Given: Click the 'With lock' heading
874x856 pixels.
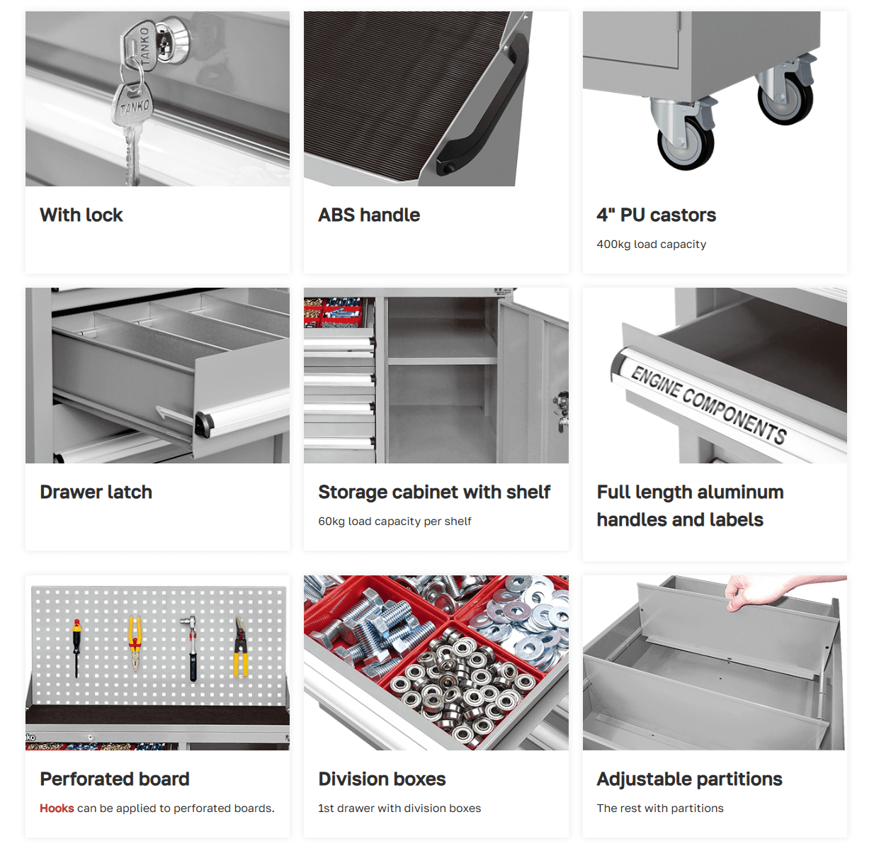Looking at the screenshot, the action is pos(81,215).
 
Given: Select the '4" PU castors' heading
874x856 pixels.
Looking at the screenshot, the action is pos(656,215).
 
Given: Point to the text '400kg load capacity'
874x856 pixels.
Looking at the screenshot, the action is pos(652,244).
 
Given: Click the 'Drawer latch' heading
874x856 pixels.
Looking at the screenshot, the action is pos(96,492).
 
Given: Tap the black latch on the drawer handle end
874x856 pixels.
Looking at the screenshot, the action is pos(204,425).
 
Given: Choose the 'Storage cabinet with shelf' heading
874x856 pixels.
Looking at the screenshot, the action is pos(434,492).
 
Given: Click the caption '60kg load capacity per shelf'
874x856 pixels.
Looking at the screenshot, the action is pos(395,522).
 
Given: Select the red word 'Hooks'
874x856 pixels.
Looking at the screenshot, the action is pos(57,809).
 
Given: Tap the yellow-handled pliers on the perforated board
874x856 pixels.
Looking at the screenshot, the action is pos(135,643).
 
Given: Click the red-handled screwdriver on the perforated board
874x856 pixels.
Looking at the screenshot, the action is pos(76,648).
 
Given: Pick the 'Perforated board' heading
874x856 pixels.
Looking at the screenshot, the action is pos(114,779).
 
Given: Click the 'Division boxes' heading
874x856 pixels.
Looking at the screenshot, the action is pos(382,779).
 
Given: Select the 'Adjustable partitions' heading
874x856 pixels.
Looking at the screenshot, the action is pos(689,779).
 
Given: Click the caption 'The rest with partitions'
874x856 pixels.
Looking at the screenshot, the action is pos(660,809).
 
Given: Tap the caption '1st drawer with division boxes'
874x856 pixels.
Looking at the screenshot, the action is pos(399,809).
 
